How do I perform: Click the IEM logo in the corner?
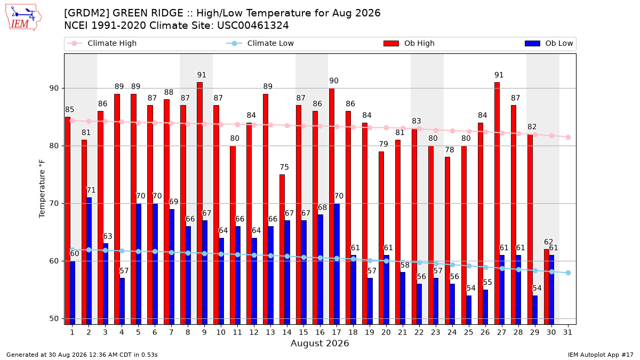23,18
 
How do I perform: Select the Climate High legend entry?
101,43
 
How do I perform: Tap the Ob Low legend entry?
549,43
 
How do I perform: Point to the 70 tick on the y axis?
54,203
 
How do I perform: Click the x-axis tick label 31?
567,332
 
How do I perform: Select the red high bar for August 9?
199,203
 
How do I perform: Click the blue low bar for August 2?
89,261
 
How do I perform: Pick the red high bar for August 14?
282,250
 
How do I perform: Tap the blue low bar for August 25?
469,310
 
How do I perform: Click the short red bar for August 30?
547,287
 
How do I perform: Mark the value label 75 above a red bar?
284,167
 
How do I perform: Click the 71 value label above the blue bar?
91,190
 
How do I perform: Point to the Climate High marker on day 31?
568,137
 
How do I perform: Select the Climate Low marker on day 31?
568,273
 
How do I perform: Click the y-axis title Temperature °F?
42,189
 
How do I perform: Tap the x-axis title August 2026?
319,343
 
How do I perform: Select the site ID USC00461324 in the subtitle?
253,26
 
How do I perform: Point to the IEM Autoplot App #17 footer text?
601,355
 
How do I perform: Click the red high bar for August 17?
332,206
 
